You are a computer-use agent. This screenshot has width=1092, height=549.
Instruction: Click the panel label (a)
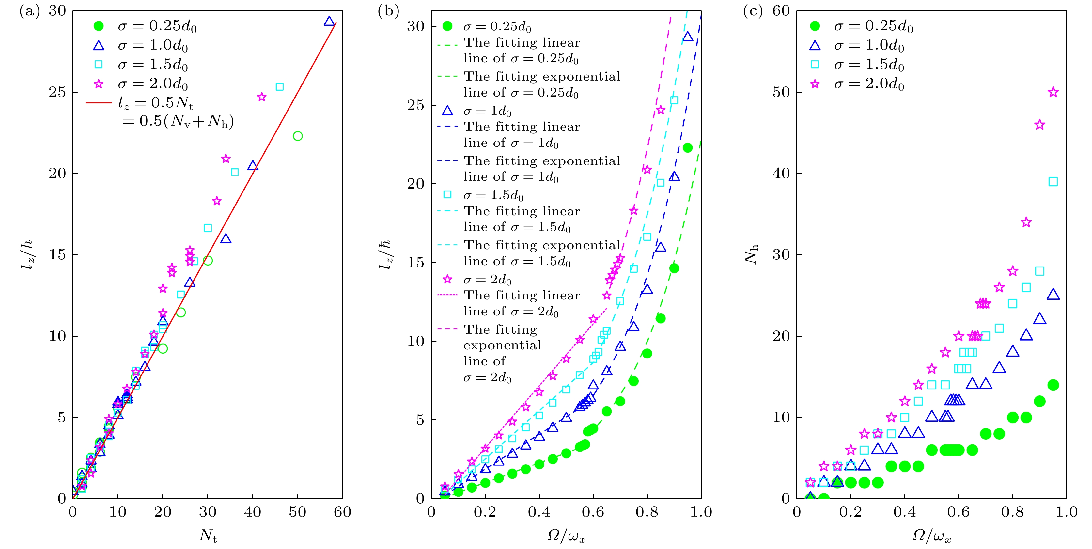pyautogui.click(x=29, y=11)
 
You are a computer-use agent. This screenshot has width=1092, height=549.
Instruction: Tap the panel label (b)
pyautogui.click(x=388, y=11)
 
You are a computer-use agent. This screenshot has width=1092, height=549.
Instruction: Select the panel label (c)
pyautogui.click(x=753, y=11)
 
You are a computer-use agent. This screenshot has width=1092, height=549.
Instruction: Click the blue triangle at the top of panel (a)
pyautogui.click(x=329, y=21)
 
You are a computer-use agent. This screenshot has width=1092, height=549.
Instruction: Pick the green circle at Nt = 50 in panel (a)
pyautogui.click(x=298, y=136)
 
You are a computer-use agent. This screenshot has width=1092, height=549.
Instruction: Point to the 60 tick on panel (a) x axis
pyautogui.click(x=342, y=512)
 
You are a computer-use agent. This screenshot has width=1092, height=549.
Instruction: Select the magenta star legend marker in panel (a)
pyautogui.click(x=98, y=84)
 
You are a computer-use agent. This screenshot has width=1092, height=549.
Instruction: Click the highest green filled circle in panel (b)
pyautogui.click(x=688, y=148)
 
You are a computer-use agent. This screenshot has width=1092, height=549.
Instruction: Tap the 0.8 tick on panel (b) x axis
pyautogui.click(x=647, y=512)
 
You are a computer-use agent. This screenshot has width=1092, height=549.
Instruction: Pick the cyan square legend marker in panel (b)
pyautogui.click(x=447, y=194)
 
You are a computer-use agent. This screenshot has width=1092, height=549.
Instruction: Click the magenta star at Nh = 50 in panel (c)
pyautogui.click(x=1053, y=92)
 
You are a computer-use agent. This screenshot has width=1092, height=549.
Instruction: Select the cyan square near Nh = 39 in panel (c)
pyautogui.click(x=1053, y=182)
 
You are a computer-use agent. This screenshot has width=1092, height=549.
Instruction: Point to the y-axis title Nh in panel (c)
pyautogui.click(x=752, y=254)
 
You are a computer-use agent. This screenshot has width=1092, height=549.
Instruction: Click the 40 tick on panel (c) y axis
pyautogui.click(x=781, y=173)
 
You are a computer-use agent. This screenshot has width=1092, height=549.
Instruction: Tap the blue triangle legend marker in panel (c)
pyautogui.click(x=815, y=46)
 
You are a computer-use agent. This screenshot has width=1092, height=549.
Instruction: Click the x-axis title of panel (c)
pyautogui.click(x=931, y=536)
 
